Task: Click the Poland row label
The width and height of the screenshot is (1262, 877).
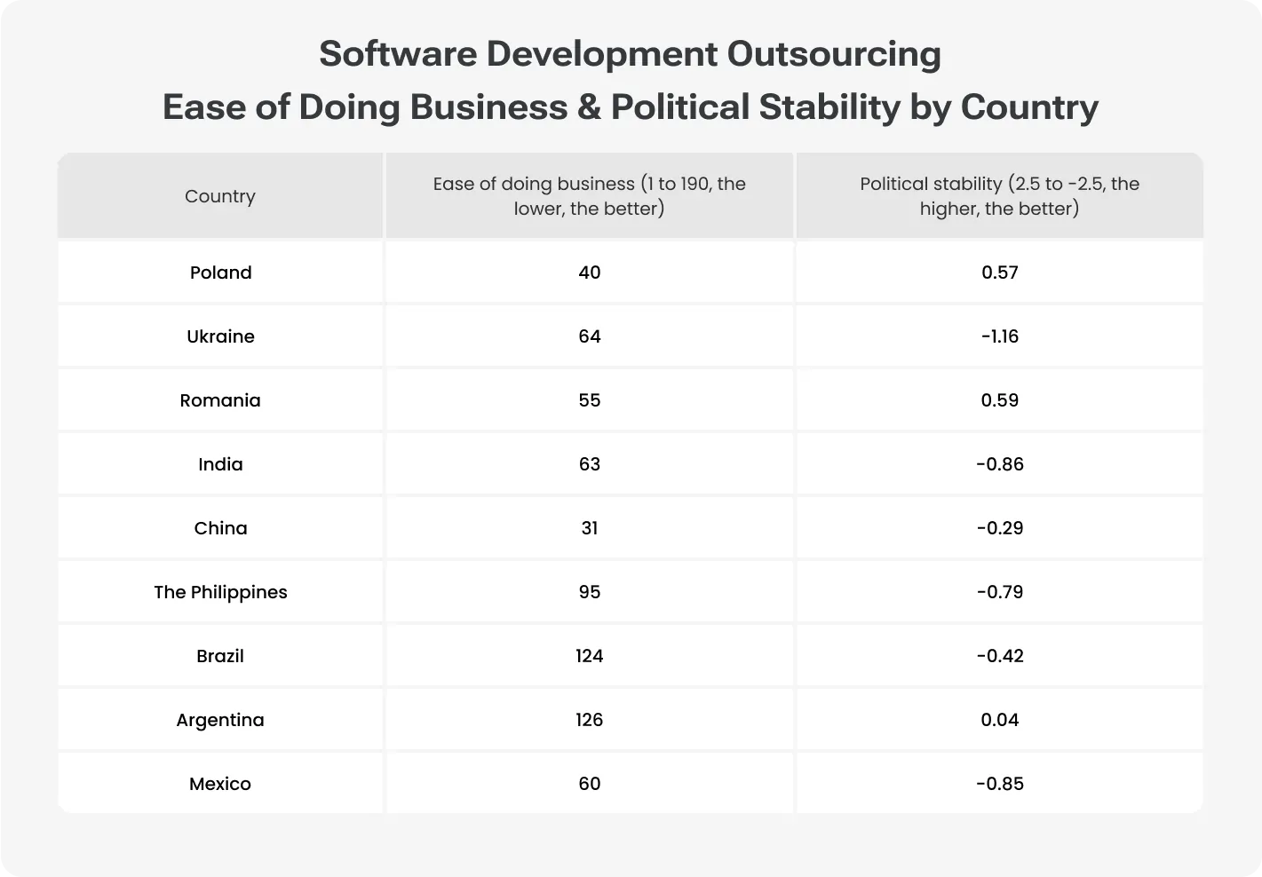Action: pyautogui.click(x=220, y=273)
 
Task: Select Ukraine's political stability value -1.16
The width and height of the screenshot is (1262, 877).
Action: pyautogui.click(x=999, y=336)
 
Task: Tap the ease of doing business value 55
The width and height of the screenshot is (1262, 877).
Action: pyautogui.click(x=589, y=400)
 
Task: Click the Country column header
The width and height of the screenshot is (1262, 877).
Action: pyautogui.click(x=220, y=196)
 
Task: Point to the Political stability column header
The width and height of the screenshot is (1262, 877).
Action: pyautogui.click(x=999, y=196)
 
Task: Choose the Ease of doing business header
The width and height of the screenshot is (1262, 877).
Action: pyautogui.click(x=589, y=196)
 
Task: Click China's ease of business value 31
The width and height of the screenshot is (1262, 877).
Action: pyautogui.click(x=589, y=528)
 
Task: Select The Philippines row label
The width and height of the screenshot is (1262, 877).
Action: pyautogui.click(x=220, y=592)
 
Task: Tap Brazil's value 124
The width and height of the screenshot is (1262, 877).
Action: pyautogui.click(x=589, y=656)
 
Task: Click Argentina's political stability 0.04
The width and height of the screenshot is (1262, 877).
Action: pyautogui.click(x=999, y=720)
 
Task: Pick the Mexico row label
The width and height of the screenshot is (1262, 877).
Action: pyautogui.click(x=220, y=784)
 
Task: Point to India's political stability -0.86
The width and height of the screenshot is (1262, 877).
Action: pyautogui.click(x=999, y=464)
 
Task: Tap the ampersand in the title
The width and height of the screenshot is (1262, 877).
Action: pyautogui.click(x=588, y=107)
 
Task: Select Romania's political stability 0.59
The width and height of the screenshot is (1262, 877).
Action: pyautogui.click(x=999, y=400)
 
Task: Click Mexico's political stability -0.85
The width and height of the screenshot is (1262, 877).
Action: pyautogui.click(x=999, y=784)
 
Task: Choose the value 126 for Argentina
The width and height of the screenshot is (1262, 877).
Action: pyautogui.click(x=589, y=720)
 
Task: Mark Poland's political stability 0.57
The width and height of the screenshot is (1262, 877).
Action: pyautogui.click(x=999, y=273)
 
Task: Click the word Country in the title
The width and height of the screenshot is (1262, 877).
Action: pyautogui.click(x=1029, y=107)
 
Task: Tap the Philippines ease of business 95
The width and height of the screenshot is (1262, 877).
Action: pyautogui.click(x=589, y=592)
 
